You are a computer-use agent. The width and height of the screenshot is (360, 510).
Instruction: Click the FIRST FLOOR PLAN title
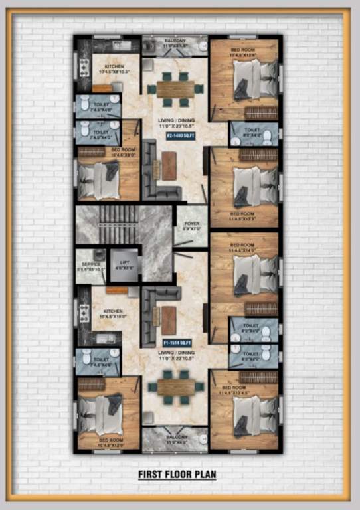pyautogui.click(x=177, y=475)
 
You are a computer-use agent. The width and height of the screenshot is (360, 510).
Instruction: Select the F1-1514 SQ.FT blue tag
pyautogui.click(x=177, y=343)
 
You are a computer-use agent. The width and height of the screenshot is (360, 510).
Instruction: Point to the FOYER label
pyautogui.click(x=191, y=226)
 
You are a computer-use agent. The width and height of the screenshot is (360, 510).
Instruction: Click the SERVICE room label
pyautogui.click(x=90, y=266)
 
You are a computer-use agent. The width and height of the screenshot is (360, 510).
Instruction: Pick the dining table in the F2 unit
pyautogui.click(x=174, y=89)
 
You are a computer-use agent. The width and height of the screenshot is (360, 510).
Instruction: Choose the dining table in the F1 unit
pyautogui.click(x=174, y=387)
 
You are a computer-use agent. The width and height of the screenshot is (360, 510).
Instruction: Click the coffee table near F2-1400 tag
pyautogui.click(x=169, y=166)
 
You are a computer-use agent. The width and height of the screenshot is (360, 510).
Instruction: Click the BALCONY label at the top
pyautogui.click(x=175, y=42)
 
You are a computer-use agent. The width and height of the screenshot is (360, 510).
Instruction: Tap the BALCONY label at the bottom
pyautogui.click(x=175, y=438)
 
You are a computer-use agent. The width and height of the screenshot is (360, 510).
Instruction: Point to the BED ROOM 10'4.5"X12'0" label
pyautogui.click(x=110, y=441)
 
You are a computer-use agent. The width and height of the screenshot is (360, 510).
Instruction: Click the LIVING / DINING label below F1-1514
pyautogui.click(x=175, y=355)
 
